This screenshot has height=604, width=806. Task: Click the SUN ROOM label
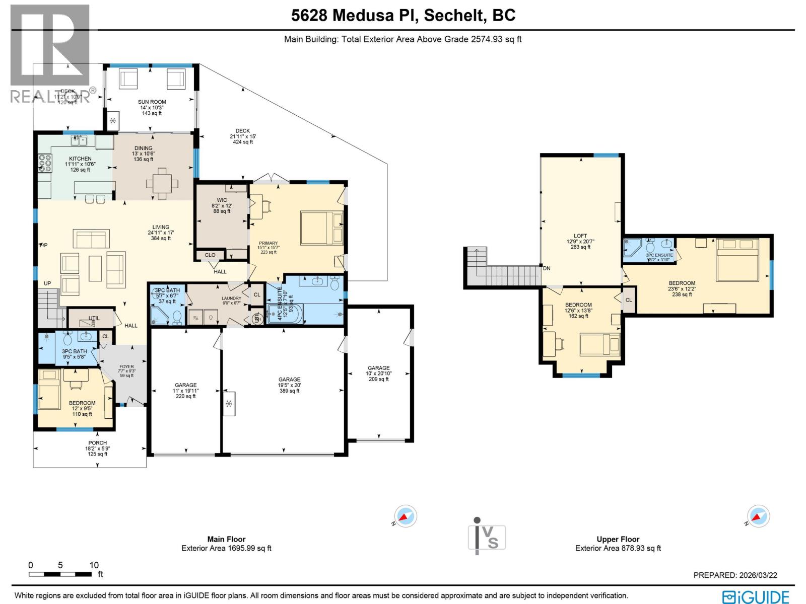click(x=152, y=102)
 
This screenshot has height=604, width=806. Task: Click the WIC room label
click(x=222, y=200)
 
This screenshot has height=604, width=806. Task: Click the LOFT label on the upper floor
click(x=580, y=236)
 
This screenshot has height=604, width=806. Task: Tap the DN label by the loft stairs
click(x=547, y=268)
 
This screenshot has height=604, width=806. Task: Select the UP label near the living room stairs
click(x=47, y=283)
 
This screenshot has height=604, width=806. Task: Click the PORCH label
click(x=98, y=443)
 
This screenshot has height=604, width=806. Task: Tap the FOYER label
click(x=126, y=367)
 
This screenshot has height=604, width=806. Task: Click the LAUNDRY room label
click(x=231, y=298)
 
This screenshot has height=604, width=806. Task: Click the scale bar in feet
click(x=60, y=574)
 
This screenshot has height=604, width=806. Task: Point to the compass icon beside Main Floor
click(x=406, y=516)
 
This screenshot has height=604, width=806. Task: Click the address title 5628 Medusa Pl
click(x=403, y=15)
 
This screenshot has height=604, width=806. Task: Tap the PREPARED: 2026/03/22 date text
click(x=738, y=575)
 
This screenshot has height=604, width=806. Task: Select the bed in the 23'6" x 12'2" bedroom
click(x=737, y=260)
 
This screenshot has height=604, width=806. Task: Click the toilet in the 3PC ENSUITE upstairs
click(x=650, y=247)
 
